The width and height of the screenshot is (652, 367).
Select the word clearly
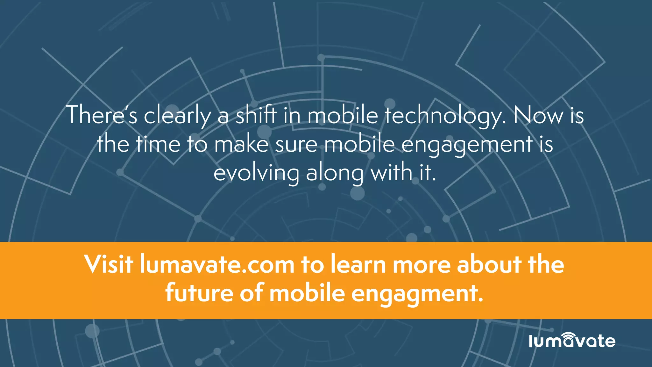tap(177, 115)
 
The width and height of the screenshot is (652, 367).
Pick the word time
tap(158, 144)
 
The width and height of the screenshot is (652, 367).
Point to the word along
tap(335, 174)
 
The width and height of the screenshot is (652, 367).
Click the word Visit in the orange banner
tap(109, 264)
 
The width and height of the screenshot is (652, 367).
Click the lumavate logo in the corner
tap(572, 341)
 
